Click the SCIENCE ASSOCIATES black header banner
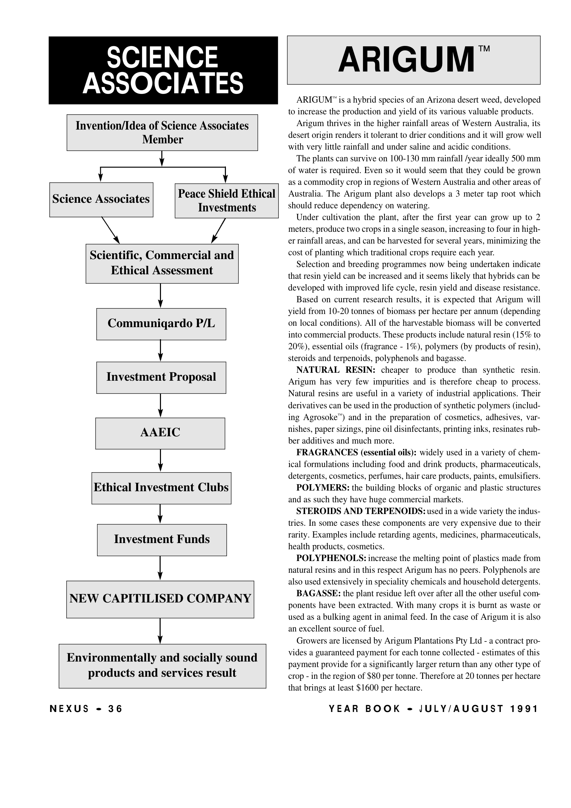pyautogui.click(x=163, y=70)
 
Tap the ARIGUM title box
pyautogui.click(x=413, y=60)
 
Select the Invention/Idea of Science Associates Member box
pyautogui.click(x=162, y=133)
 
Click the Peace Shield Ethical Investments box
pyautogui.click(x=227, y=200)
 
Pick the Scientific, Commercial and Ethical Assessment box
pyautogui.click(x=162, y=263)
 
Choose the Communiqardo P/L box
pyautogui.click(x=161, y=324)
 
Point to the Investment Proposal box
pyautogui.click(x=161, y=377)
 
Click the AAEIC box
pyautogui.click(x=160, y=433)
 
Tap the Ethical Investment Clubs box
pyautogui.click(x=161, y=488)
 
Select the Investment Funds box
pyautogui.click(x=162, y=540)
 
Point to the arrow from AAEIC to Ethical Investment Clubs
pyautogui.click(x=160, y=460)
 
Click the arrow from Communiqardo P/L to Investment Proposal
pyautogui.click(x=160, y=351)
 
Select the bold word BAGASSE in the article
pyautogui.click(x=318, y=594)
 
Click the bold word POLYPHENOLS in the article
pyautogui.click(x=331, y=559)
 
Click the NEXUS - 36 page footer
pyautogui.click(x=86, y=709)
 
